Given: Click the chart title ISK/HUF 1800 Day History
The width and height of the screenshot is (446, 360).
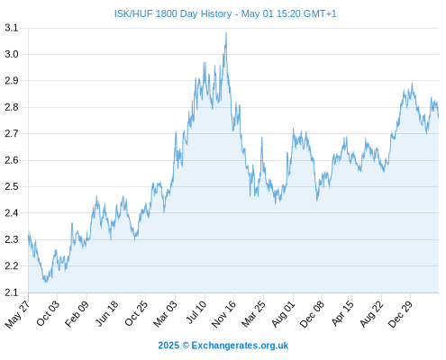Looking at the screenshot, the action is tap(173, 13).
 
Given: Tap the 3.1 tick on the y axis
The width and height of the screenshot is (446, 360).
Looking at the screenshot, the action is tap(12, 28).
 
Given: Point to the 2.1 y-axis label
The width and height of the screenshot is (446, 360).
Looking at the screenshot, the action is tap(12, 292).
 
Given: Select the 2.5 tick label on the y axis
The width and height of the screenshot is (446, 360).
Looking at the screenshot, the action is tap(12, 186).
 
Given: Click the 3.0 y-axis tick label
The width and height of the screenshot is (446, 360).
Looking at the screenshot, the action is tap(12, 54).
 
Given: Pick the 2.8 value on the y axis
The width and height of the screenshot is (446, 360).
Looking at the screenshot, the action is tap(12, 107).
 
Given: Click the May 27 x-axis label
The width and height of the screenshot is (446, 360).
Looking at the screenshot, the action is tap(17, 314).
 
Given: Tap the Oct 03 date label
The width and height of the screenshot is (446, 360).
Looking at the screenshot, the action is tap(48, 313).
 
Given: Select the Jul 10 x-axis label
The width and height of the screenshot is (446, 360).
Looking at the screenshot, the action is tap(196, 312).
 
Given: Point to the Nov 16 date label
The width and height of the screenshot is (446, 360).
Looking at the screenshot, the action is tap(223, 314).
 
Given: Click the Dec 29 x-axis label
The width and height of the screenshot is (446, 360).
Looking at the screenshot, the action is tap(400, 314).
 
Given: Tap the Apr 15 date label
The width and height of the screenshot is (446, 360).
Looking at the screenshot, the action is tap(342, 313).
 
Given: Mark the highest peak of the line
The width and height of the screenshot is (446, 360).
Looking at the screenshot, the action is tap(226, 32).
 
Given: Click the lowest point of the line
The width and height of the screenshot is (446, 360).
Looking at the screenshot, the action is tap(46, 282).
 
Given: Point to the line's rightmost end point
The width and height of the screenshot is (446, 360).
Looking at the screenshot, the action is tap(439, 117).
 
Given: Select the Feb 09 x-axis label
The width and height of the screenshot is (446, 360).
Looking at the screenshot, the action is tap(77, 313).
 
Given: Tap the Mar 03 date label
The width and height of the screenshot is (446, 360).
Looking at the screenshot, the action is tap(165, 313).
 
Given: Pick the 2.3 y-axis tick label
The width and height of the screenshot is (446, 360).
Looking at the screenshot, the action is tap(12, 239).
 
